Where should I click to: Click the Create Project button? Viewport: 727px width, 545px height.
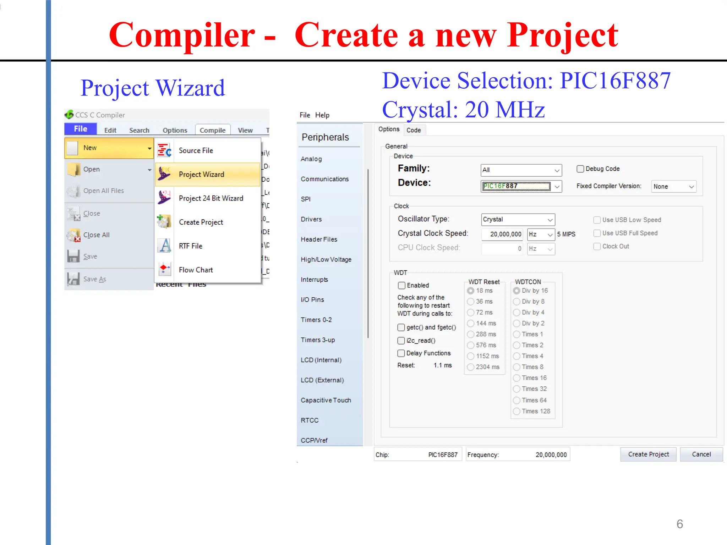(648, 454)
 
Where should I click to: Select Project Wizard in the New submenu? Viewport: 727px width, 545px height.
(201, 174)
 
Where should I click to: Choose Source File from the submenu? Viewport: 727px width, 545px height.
(196, 150)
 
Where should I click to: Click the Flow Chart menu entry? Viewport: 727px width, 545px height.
(196, 270)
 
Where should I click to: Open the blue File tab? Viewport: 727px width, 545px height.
(81, 129)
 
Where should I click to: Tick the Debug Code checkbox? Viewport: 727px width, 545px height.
(580, 169)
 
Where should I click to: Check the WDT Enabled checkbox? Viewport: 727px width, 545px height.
(402, 285)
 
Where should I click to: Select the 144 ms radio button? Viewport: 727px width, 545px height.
(471, 323)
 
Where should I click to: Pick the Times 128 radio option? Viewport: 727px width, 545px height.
(516, 411)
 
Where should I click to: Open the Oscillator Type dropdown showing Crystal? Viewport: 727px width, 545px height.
(518, 220)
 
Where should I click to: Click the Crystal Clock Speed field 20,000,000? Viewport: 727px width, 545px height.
(502, 234)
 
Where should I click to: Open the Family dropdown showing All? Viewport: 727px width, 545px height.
(521, 170)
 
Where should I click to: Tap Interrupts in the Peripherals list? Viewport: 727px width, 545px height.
(314, 280)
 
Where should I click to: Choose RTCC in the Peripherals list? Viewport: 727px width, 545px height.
(310, 420)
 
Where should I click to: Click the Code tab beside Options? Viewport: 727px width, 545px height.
(414, 130)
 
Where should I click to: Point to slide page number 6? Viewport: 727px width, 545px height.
(679, 524)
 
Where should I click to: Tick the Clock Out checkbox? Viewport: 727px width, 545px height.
(597, 246)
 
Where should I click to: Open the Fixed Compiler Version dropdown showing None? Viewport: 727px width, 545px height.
(673, 187)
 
